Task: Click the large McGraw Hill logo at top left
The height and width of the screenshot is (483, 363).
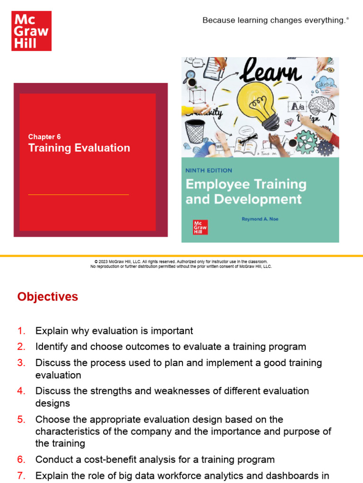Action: click(31, 31)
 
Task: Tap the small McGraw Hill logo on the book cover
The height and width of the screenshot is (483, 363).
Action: click(200, 227)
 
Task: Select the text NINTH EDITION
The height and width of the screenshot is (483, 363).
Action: click(209, 170)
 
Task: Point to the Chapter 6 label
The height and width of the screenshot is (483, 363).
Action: click(44, 137)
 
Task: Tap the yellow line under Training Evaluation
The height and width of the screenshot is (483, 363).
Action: click(78, 194)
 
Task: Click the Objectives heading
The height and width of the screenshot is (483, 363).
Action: click(48, 297)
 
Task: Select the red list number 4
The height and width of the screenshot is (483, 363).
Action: click(21, 391)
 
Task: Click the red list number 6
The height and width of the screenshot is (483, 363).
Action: click(21, 459)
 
